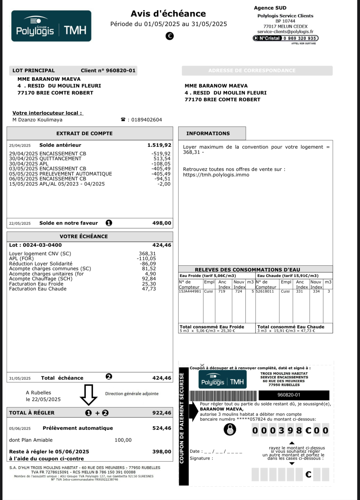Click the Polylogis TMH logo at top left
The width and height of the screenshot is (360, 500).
51,26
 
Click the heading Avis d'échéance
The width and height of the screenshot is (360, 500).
168,14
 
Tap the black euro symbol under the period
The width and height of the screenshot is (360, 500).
170,36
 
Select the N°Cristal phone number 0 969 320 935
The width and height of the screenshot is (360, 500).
300,38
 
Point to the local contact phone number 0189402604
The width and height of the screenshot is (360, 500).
147,120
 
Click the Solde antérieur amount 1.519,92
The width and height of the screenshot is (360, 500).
159,145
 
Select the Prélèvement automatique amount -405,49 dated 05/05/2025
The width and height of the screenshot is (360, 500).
161,174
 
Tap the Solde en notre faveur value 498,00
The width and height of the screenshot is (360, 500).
162,223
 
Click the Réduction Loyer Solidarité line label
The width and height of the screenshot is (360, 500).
41,264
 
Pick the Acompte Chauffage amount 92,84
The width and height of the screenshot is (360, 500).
149,279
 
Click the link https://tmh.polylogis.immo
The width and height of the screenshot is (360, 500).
216,175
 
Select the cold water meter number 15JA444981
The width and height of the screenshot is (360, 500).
190,292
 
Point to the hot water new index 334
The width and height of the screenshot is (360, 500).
316,292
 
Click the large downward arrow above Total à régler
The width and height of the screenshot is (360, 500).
89,395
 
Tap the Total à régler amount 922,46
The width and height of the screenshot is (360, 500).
162,413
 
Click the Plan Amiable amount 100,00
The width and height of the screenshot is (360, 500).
123,440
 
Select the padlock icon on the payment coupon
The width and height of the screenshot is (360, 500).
230,429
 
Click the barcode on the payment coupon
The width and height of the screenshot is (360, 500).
223,395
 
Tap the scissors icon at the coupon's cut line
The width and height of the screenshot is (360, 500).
202,365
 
